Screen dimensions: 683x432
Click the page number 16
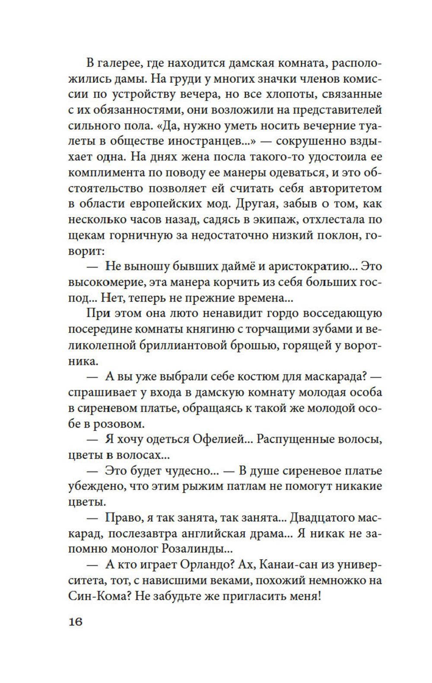pos(75,622)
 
